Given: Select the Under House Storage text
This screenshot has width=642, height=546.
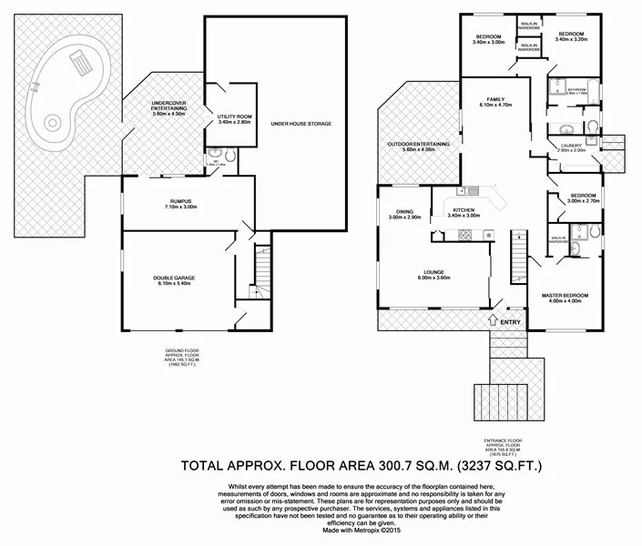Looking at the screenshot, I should pos(301,123).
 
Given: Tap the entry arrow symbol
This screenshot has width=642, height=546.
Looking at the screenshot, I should pos(493,319).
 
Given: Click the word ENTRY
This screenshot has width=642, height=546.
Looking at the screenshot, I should pos(512,320).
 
